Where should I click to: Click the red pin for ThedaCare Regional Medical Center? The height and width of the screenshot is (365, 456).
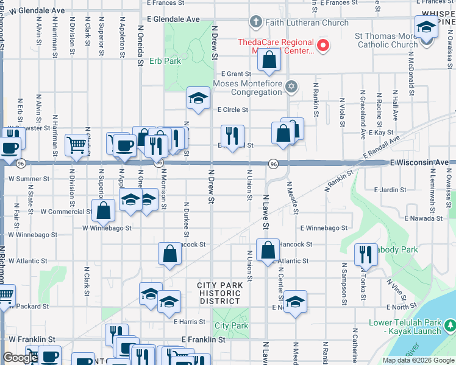coord(323,45)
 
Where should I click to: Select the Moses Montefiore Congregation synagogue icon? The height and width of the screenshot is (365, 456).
coord(291,85)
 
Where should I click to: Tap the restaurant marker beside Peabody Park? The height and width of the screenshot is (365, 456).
coord(366,255)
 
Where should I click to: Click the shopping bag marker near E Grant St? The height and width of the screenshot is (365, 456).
coord(268,60)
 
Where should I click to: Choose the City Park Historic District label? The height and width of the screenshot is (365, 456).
coord(219,293)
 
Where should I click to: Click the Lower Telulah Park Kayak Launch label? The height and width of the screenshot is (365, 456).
coord(404,327)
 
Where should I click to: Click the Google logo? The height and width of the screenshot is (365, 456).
coord(20,358)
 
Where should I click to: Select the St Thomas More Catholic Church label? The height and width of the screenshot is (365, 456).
coord(386,40)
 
